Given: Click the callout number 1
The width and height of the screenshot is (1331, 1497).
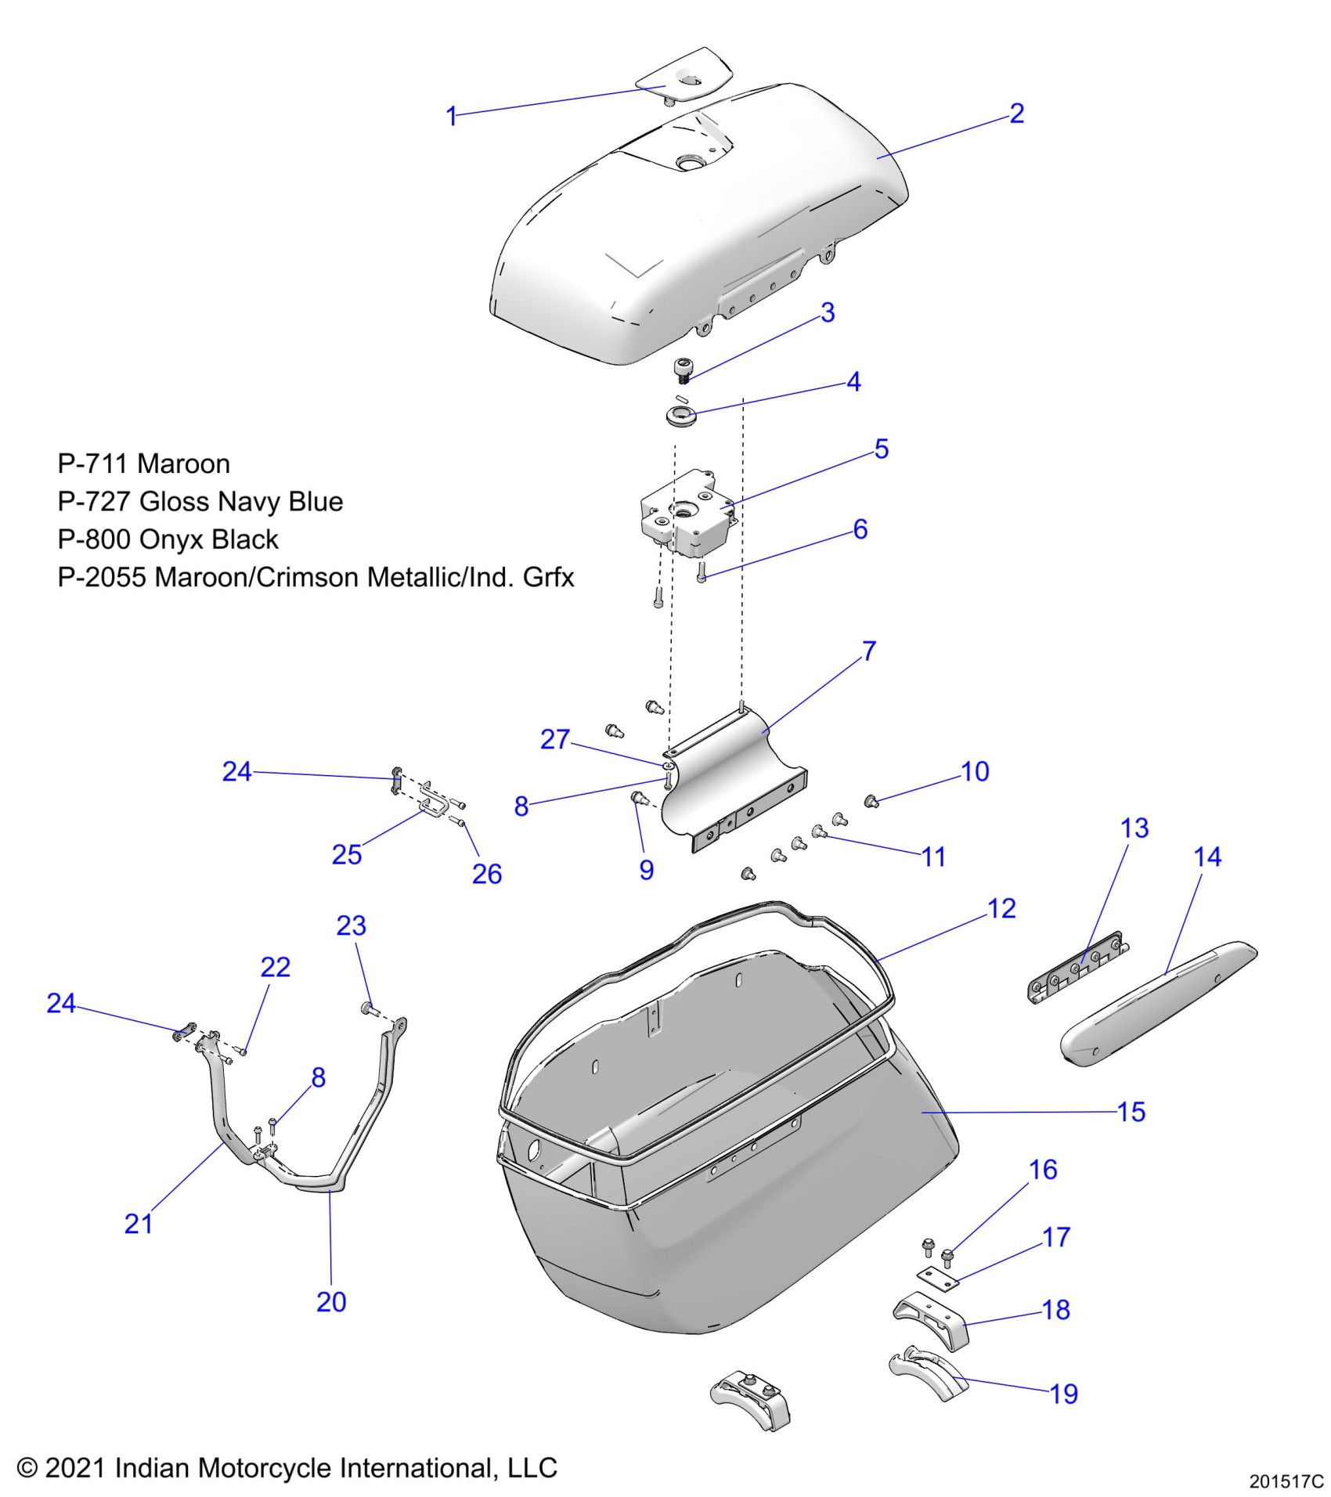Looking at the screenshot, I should click(x=451, y=117).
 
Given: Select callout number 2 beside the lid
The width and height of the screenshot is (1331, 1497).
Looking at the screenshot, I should click(x=1016, y=114).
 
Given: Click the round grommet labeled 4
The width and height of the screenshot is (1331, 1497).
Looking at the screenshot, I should click(x=681, y=415).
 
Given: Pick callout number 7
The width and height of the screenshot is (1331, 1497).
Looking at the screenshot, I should click(x=869, y=651).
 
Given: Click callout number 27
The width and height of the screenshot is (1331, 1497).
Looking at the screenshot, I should click(x=555, y=739).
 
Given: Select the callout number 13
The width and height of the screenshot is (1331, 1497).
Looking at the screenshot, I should click(x=1134, y=828).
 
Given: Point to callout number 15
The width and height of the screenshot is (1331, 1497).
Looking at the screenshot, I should click(x=1131, y=1112).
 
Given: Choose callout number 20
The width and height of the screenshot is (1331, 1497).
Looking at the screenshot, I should click(x=331, y=1301).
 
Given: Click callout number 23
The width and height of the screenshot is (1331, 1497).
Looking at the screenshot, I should click(x=352, y=925).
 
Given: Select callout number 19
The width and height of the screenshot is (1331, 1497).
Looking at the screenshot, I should click(x=1064, y=1394).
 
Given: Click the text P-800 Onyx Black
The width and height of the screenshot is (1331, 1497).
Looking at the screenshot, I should click(x=168, y=539).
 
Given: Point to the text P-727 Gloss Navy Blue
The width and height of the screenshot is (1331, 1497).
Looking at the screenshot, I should click(x=200, y=502).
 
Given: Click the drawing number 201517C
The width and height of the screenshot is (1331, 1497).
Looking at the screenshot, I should click(x=1286, y=1481).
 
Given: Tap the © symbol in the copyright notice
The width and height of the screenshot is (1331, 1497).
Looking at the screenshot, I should click(x=27, y=1467).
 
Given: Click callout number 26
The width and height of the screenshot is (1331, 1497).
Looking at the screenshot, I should click(x=486, y=874).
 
